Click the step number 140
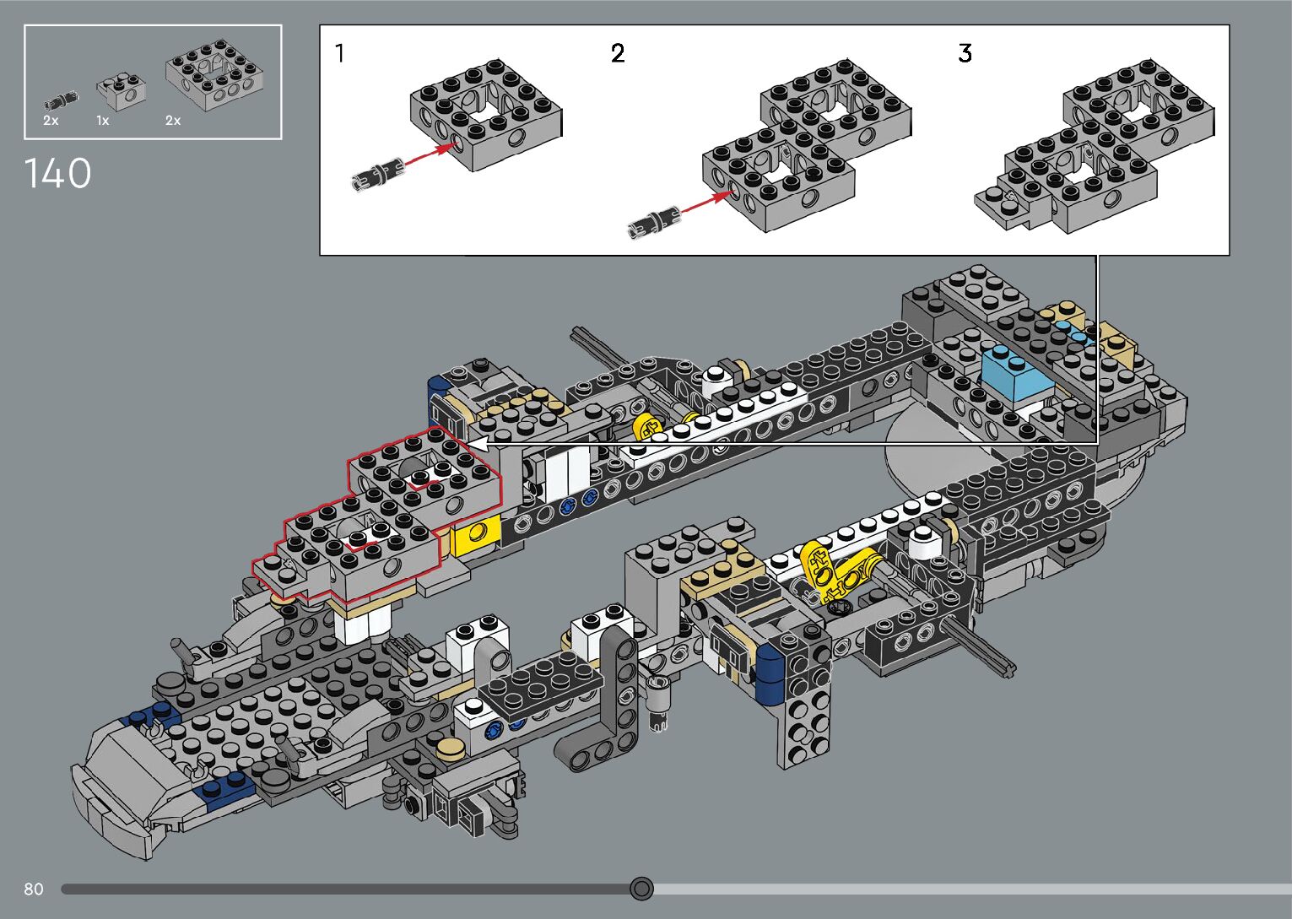57,173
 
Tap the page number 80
34,889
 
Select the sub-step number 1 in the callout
340,53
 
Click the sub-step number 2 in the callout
618,53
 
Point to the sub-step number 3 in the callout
965,53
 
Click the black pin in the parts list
61,100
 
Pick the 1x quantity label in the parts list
103,121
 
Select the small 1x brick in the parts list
121,90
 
